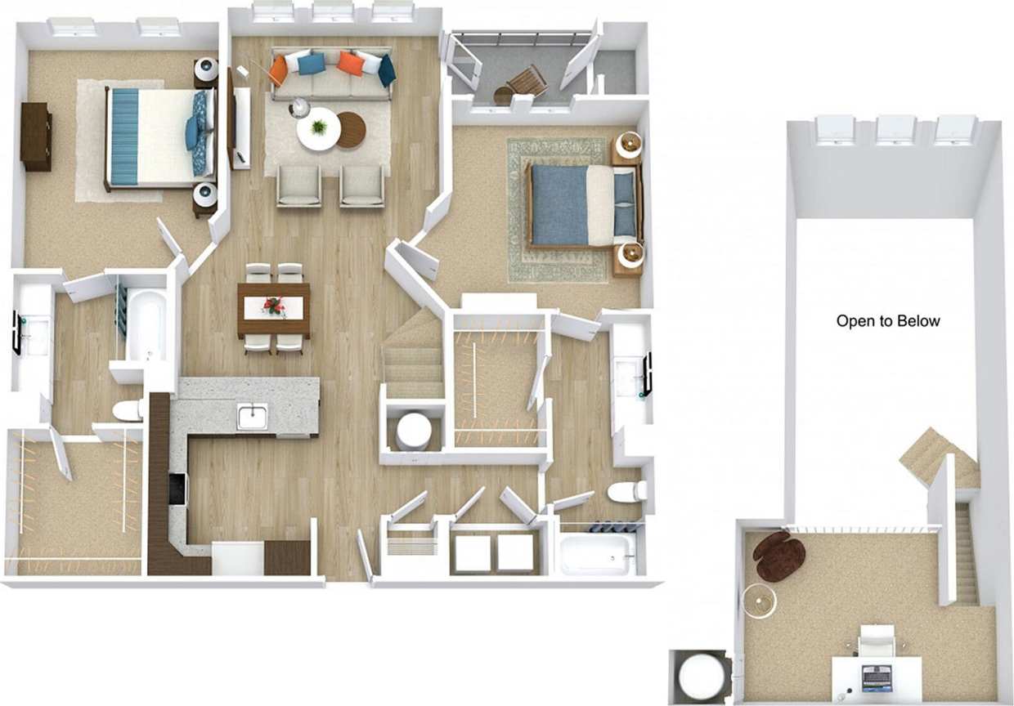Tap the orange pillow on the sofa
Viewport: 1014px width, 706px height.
350,64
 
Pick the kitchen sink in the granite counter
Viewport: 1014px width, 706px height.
252,416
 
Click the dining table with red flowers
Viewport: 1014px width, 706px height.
274,308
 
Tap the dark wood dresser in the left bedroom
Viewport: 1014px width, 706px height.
36,136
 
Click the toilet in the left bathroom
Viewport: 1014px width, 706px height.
128,410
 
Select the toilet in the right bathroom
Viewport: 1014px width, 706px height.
628,491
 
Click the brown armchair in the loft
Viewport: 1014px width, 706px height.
779,556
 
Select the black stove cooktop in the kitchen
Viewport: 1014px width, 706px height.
177,489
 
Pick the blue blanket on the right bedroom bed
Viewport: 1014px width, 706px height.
559,204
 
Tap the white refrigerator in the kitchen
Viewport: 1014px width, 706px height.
237,559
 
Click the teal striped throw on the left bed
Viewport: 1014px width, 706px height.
123,136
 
